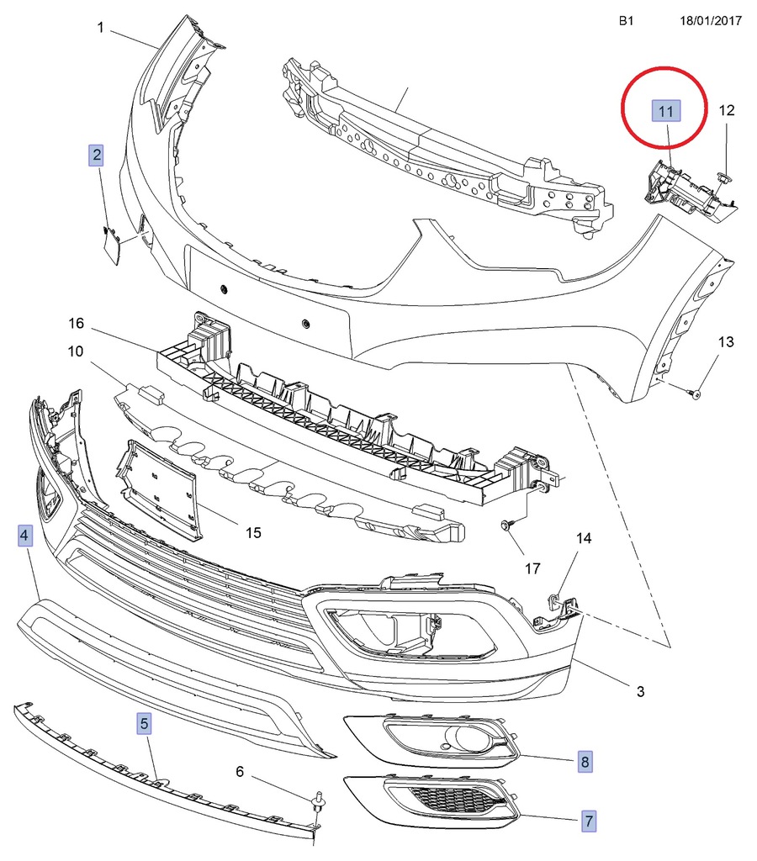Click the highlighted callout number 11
666,112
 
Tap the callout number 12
727,110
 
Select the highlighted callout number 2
98,155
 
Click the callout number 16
77,324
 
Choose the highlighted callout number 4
25,535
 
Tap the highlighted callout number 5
145,722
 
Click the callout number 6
239,772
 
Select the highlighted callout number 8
585,763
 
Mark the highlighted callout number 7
589,819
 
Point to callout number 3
640,691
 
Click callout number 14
584,537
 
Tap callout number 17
532,569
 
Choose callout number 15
253,532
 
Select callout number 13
726,342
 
